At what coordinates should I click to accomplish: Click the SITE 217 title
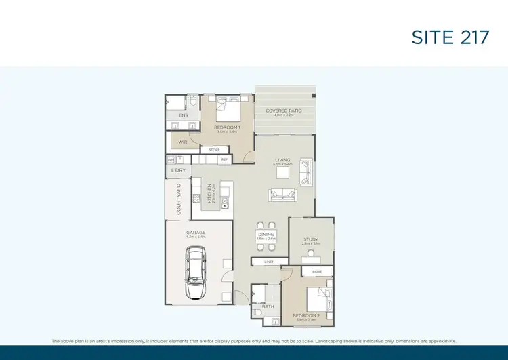click(450, 37)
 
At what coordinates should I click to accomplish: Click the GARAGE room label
click(196, 233)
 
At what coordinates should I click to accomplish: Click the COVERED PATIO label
click(284, 111)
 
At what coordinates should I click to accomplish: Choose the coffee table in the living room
click(282, 173)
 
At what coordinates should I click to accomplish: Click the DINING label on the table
click(266, 234)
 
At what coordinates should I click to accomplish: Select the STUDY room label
click(311, 239)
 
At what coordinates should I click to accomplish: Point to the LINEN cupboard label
click(270, 262)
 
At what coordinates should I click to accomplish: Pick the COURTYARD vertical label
click(179, 199)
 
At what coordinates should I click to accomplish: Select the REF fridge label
click(224, 159)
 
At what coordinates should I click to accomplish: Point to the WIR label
click(183, 142)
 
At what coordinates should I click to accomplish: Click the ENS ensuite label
click(183, 115)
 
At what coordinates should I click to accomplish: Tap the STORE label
click(214, 150)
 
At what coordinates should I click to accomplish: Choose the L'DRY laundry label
click(178, 170)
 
